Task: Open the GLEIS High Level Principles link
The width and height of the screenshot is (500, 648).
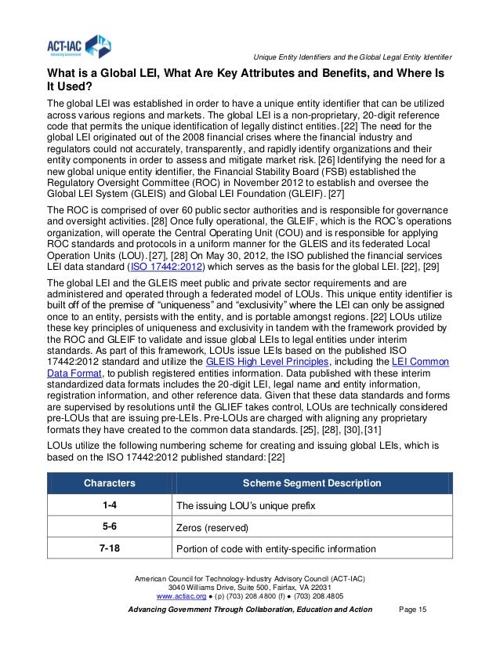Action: coord(266,362)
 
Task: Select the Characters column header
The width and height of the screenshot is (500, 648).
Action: coord(109,482)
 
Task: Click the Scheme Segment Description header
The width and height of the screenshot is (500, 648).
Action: coord(310,482)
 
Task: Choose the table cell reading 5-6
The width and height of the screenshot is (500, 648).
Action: coord(109,526)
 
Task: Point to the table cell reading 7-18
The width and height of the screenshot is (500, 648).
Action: coord(109,548)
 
